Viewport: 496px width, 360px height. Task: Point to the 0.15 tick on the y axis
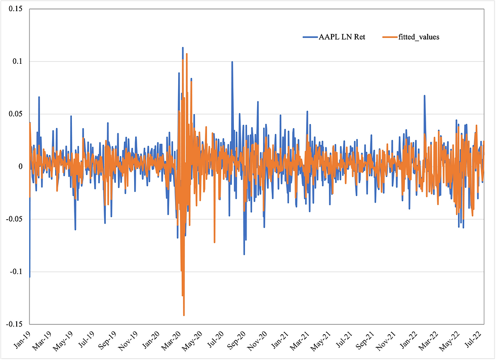pos(16,9)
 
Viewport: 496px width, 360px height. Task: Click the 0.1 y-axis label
pos(18,61)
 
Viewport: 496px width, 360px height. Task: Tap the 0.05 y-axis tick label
pos(16,114)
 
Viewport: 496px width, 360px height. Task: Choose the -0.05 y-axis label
pos(15,219)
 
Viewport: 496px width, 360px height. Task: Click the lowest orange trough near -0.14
pos(184,315)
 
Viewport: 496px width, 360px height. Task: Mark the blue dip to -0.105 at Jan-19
pos(29,276)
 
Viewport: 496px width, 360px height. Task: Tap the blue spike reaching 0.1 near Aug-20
pos(232,62)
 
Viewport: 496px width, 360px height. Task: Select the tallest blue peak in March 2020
pos(183,48)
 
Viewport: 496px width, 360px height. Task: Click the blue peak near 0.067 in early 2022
pos(425,96)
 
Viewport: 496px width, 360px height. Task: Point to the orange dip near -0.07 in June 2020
pos(214,242)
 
